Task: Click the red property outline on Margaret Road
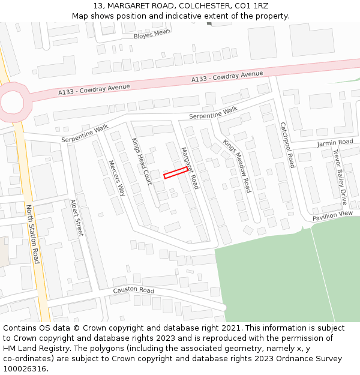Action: tap(176, 173)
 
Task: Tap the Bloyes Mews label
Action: tap(152, 35)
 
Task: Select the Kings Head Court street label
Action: tap(142, 161)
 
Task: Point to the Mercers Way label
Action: tap(117, 178)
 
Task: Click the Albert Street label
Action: tap(77, 218)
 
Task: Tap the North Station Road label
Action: tap(33, 234)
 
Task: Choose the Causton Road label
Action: tap(134, 290)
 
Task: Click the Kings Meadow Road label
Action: tap(237, 165)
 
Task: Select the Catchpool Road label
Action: tap(287, 145)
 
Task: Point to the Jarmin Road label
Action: tap(335, 142)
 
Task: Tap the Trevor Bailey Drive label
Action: tap(340, 177)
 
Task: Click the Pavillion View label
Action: tap(332, 214)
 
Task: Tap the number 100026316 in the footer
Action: tap(25, 368)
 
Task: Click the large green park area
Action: tap(282, 276)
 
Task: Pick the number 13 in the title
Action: tap(98, 5)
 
